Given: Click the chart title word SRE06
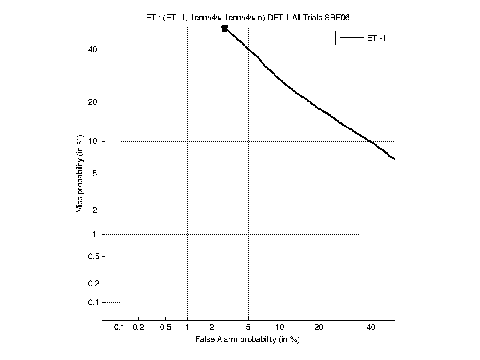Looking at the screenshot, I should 339,18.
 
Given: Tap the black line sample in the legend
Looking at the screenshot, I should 351,38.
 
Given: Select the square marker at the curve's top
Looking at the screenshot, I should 225,28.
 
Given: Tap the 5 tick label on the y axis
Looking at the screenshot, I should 95,174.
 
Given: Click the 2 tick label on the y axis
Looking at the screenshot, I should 95,210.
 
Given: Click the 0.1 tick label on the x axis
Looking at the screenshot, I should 120,328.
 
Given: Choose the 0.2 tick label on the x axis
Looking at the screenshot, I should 138,328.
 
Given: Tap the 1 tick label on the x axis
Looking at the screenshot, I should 187,328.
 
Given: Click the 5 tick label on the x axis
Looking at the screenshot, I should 248,328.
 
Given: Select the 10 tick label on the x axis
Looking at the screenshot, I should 281,328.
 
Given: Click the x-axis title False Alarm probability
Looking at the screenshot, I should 247,340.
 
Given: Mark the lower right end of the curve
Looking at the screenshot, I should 394,159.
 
